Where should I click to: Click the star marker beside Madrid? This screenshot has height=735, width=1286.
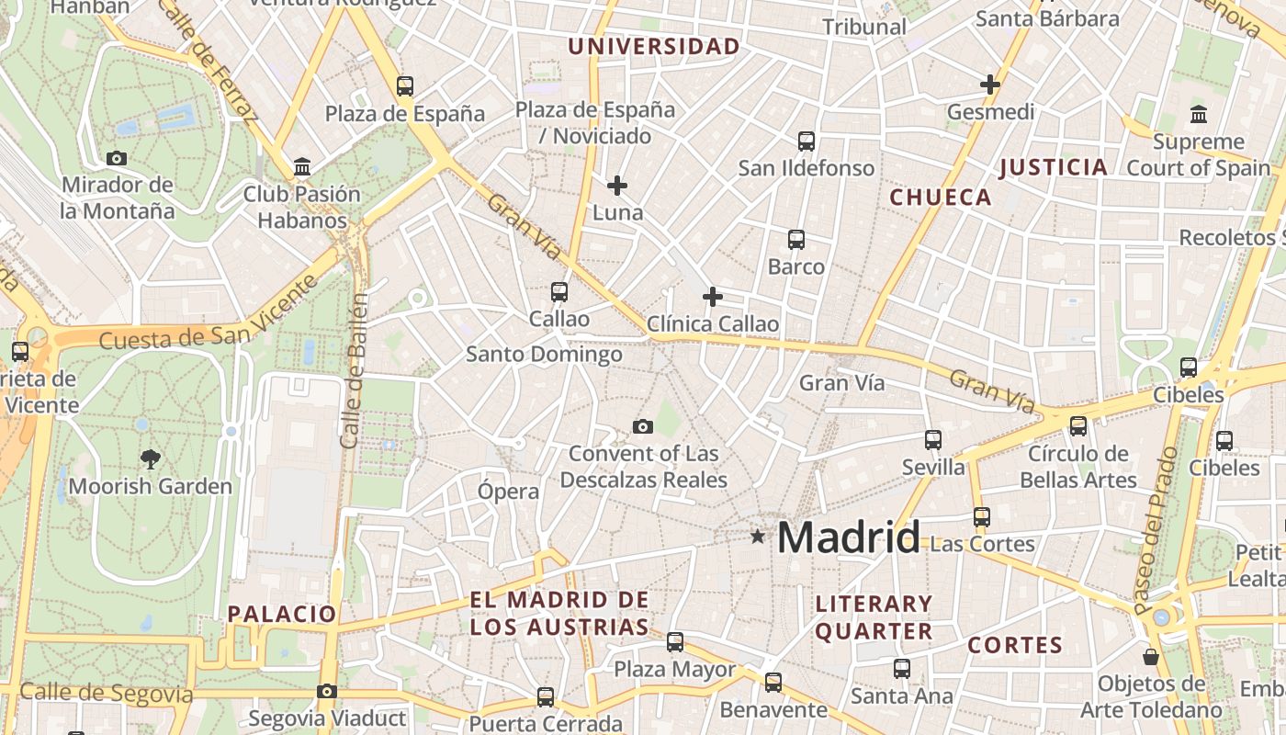(757, 536)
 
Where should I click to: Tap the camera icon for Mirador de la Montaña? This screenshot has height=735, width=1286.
(116, 158)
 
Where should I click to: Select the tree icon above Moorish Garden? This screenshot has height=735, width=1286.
(151, 458)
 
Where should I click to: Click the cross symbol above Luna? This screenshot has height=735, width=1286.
(617, 186)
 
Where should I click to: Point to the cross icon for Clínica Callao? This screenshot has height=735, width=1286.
(712, 297)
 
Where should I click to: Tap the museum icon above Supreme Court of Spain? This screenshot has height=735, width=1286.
(1199, 115)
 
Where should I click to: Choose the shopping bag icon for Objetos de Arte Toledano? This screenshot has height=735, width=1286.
(1150, 657)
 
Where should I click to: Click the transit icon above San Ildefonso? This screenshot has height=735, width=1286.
(807, 141)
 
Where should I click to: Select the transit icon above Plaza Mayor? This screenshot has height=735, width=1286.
(675, 642)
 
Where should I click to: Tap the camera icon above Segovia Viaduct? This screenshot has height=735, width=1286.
(327, 691)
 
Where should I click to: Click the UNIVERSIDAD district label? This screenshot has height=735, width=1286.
(654, 47)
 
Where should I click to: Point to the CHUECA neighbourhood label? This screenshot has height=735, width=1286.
(941, 198)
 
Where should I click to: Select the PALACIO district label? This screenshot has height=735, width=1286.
(282, 614)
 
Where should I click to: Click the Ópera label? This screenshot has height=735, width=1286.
(508, 492)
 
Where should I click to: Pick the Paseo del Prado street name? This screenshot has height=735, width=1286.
(1156, 530)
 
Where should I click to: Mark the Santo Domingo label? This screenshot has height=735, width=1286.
(544, 354)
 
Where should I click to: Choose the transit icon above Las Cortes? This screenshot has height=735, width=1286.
(982, 517)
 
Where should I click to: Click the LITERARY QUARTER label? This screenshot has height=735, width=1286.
(874, 617)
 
